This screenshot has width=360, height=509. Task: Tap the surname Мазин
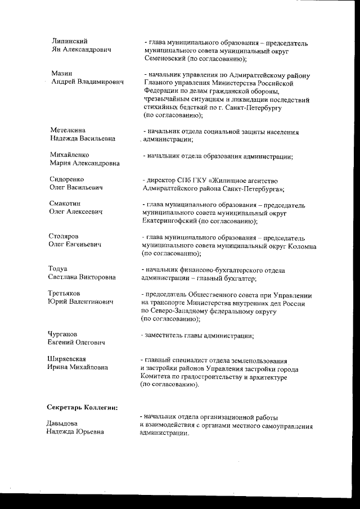(x=61, y=74)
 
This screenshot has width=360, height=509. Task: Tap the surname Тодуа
(x=58, y=269)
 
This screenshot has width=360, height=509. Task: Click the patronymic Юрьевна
(x=89, y=431)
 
